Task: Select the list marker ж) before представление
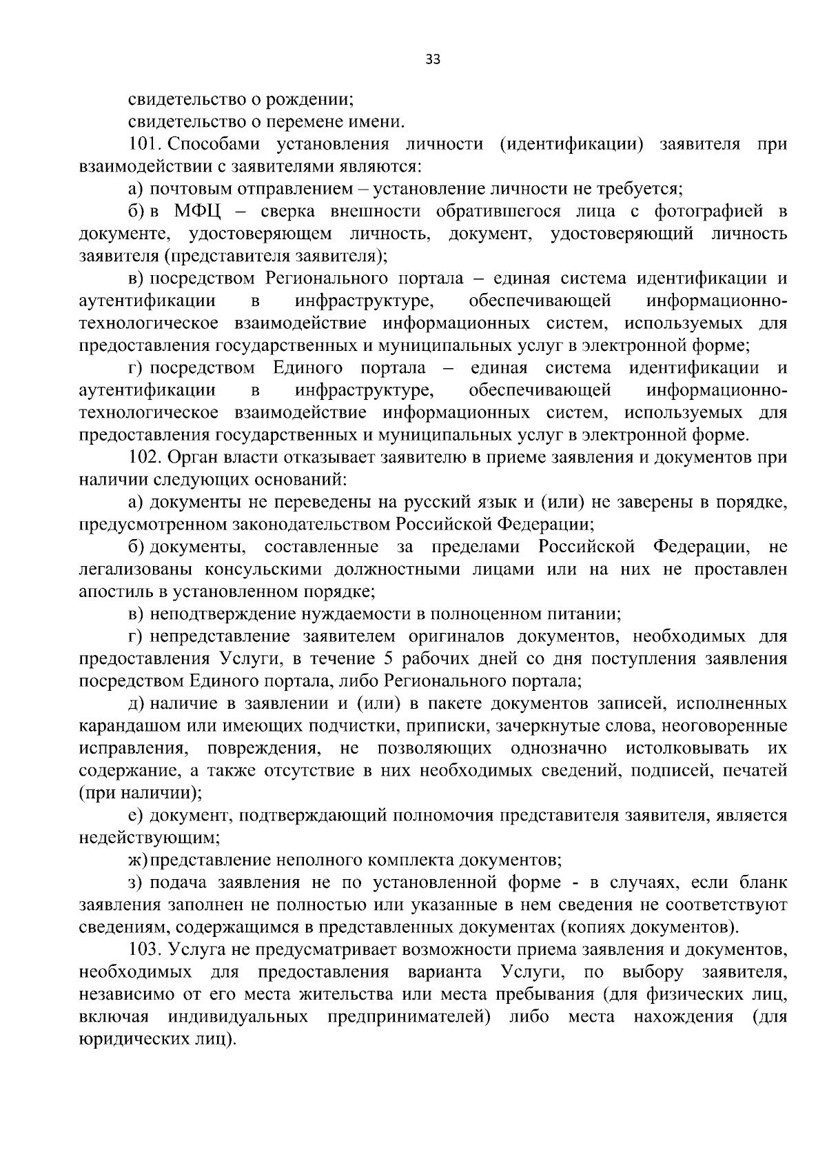coord(138,860)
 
